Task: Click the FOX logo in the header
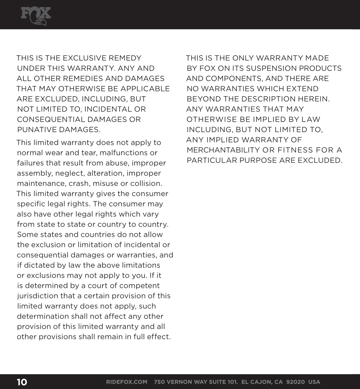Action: point(36,16)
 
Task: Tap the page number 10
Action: point(22,382)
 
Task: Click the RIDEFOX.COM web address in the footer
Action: point(127,382)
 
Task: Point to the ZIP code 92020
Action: point(295,382)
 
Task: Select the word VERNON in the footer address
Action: point(179,382)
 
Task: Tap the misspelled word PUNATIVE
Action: point(37,129)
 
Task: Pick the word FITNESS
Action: point(294,150)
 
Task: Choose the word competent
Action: point(140,286)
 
